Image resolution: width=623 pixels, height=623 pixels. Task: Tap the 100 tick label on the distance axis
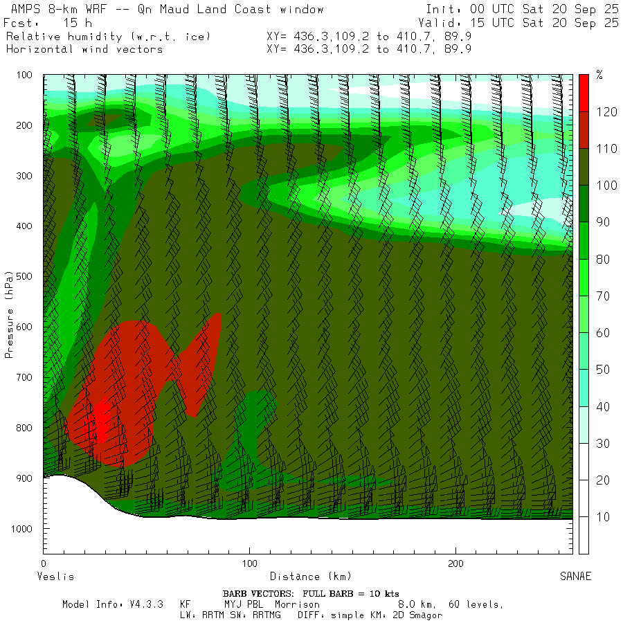click(x=249, y=563)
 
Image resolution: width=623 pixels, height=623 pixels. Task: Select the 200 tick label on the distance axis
click(x=455, y=563)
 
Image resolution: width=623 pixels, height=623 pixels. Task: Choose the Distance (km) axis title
click(x=310, y=577)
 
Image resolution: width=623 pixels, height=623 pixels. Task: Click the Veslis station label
click(x=55, y=577)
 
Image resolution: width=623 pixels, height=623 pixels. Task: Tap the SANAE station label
click(x=576, y=577)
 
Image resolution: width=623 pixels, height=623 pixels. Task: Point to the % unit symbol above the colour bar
click(x=599, y=75)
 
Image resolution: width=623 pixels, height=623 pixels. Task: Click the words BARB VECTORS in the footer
click(x=257, y=594)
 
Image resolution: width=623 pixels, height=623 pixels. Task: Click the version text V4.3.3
click(x=145, y=604)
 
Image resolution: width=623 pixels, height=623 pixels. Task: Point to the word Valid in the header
click(x=443, y=23)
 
